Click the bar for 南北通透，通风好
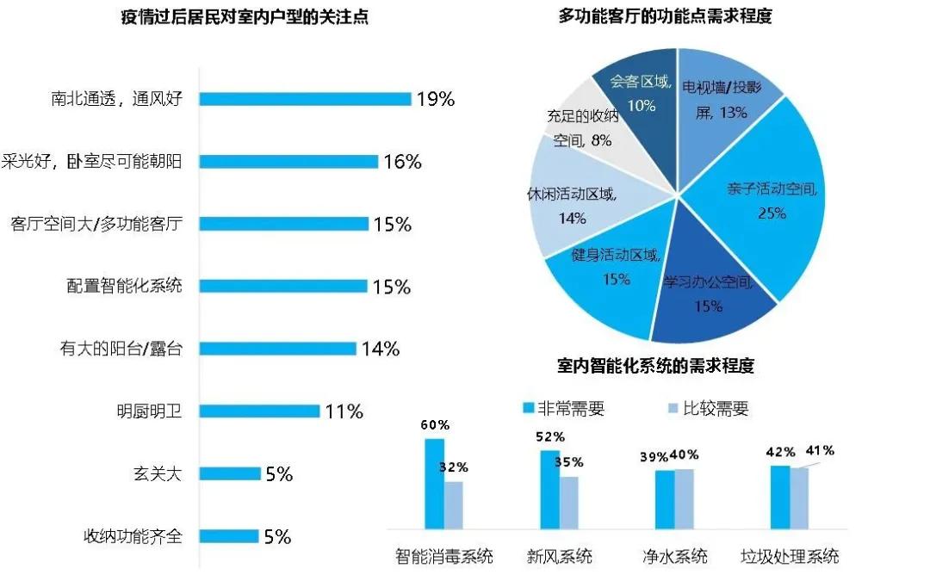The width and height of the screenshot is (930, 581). click(305, 99)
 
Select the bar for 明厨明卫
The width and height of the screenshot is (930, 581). click(259, 411)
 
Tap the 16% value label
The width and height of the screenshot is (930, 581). click(401, 161)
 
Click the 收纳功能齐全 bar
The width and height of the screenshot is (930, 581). click(229, 536)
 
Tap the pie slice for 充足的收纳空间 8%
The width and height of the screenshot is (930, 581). click(577, 125)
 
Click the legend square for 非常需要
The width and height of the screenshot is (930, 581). click(530, 408)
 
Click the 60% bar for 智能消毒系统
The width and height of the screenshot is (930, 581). click(434, 482)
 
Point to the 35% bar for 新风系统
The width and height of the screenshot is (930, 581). click(569, 501)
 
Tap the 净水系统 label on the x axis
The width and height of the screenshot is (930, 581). click(675, 556)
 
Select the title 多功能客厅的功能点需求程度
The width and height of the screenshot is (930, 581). click(665, 15)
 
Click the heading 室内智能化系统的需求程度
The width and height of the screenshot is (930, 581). click(655, 366)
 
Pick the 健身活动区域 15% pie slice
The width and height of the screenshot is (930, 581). click(603, 275)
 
